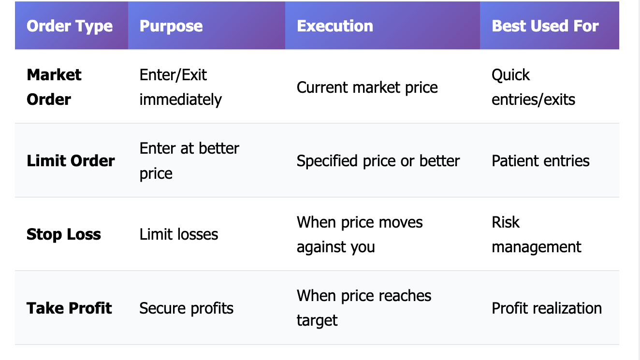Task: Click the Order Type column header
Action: (70, 26)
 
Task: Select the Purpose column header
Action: (171, 26)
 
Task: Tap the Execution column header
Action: (335, 26)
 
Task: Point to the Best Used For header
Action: (545, 26)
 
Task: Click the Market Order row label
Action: (54, 87)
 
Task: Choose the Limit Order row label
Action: (71, 160)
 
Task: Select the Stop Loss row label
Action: (64, 234)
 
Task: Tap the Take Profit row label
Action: (69, 308)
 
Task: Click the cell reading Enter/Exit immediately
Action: (181, 87)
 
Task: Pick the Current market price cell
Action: (367, 87)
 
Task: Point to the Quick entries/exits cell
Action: (534, 87)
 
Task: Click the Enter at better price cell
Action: (189, 161)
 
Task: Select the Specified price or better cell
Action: (378, 161)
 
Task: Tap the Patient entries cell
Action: (540, 161)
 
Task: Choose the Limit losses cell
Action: (179, 234)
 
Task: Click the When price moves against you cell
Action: (360, 234)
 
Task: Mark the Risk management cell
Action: (537, 234)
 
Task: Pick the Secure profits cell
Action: (186, 308)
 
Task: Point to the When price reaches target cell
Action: (364, 308)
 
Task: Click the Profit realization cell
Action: (547, 308)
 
